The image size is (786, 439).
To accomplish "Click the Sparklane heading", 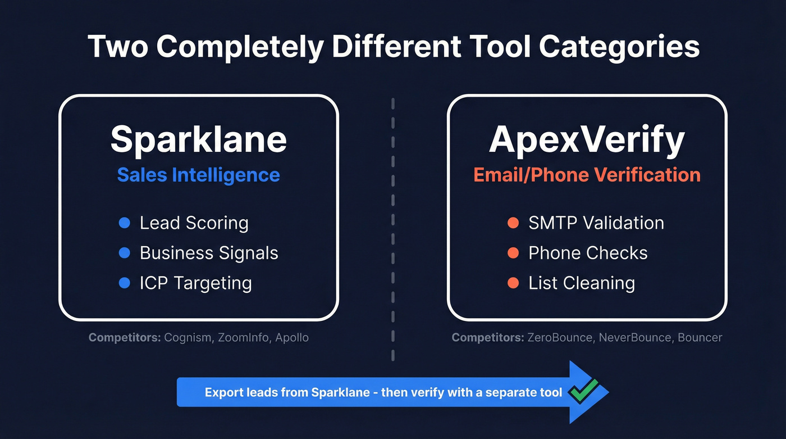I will coord(198,139).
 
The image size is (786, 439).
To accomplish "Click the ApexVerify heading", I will coord(587,139).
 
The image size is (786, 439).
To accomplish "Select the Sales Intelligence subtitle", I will coord(198,175).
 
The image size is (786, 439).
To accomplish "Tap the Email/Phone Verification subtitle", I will coord(587,175).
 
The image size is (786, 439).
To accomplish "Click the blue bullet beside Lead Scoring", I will coord(125,223).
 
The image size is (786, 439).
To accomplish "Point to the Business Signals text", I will coord(209,253).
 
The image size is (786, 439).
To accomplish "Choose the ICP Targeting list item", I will coord(195,283).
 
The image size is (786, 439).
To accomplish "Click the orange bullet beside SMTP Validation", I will coord(513,223).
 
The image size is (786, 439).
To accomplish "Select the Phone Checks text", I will coord(588,253).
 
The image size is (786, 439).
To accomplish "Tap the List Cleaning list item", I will coord(582,283).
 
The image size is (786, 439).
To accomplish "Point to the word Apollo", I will coord(292,338).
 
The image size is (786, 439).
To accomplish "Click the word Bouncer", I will coord(700,338).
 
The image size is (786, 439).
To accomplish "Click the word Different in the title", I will coord(385,47).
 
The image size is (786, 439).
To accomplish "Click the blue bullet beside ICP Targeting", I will coord(125,283).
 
